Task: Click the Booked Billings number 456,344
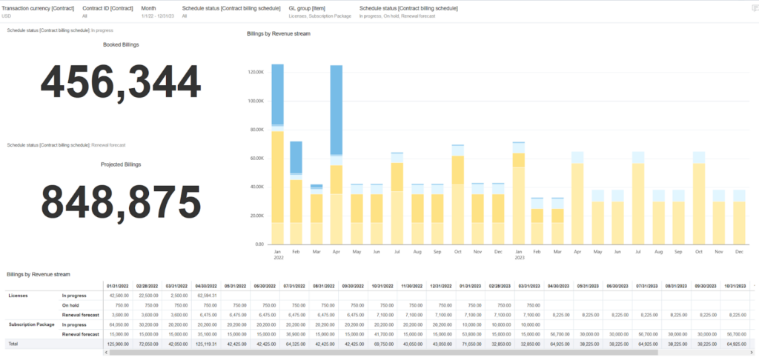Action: [x=121, y=82]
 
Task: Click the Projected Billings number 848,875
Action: [x=121, y=201]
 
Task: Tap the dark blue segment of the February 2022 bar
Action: [x=296, y=157]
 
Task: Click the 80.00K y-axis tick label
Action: [x=256, y=130]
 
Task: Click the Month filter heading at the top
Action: [x=148, y=7]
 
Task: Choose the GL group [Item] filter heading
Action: [x=308, y=7]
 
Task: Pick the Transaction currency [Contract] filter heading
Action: [x=37, y=7]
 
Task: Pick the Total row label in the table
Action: [x=13, y=344]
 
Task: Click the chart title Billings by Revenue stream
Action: [x=279, y=33]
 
